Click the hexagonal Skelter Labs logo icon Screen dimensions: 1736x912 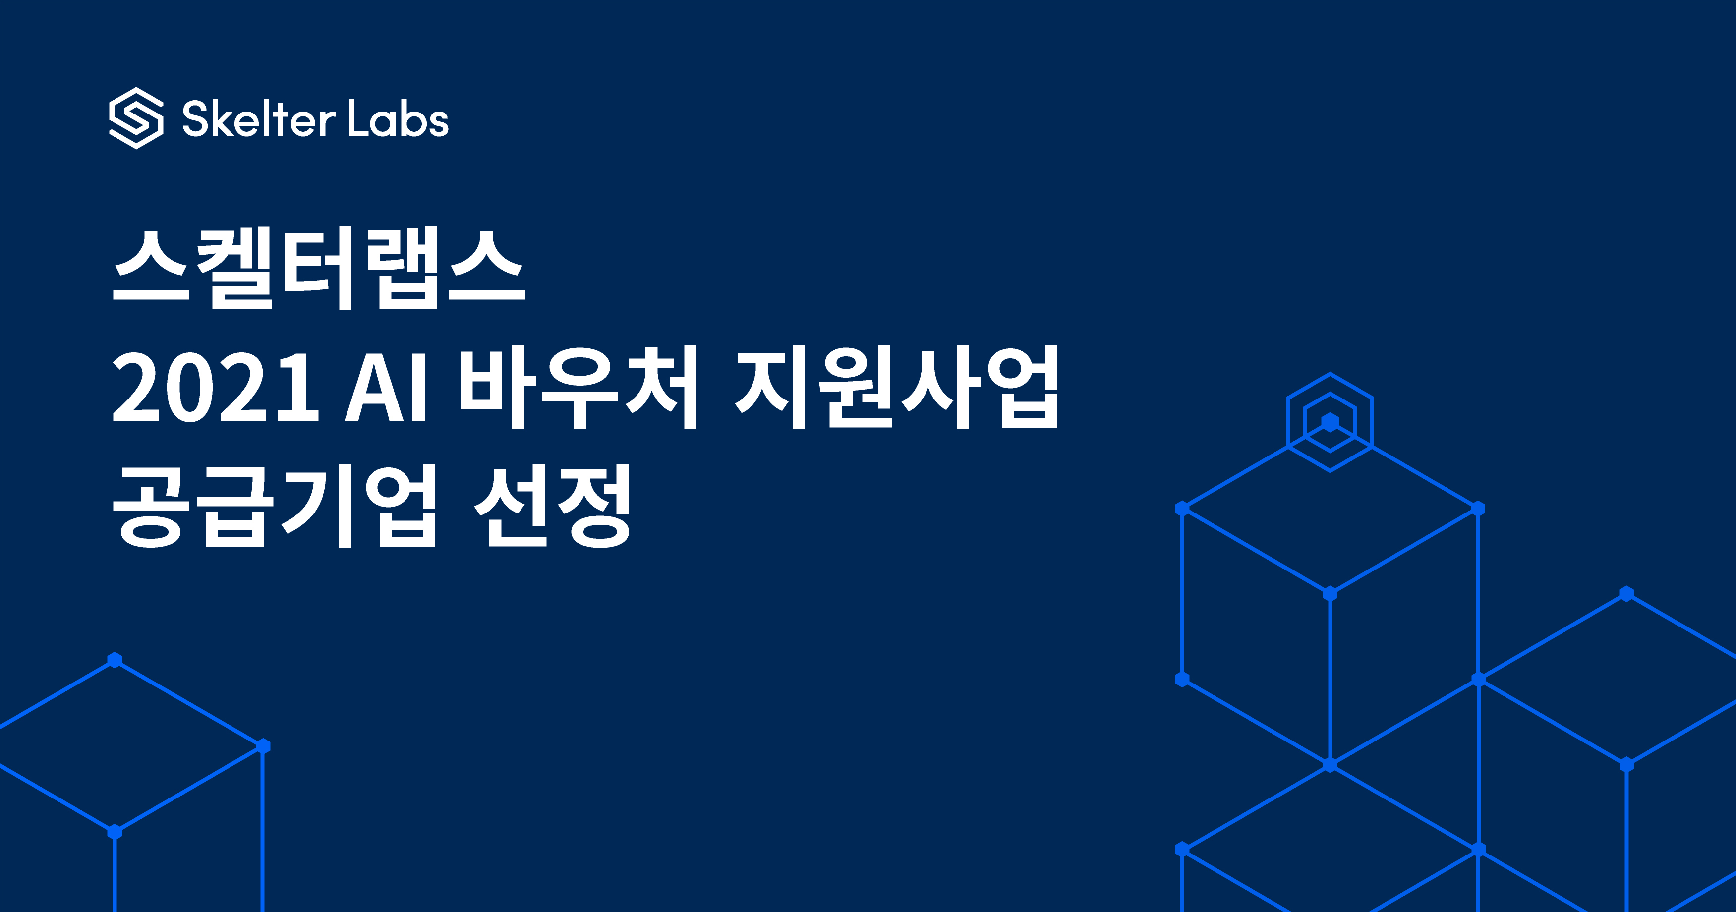point(136,118)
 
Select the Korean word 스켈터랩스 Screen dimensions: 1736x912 point(318,268)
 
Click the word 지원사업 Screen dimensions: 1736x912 point(897,386)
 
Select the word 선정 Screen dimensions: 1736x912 point(553,506)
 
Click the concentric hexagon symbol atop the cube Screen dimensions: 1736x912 point(1330,422)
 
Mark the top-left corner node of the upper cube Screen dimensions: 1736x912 point(1182,508)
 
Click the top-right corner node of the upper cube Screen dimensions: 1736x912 point(1478,508)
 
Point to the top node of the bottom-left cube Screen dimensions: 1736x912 point(115,660)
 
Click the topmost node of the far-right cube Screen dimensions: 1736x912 point(1626,594)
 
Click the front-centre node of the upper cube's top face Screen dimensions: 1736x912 point(1330,594)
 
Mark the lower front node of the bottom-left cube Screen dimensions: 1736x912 point(115,832)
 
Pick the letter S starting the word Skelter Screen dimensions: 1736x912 point(195,119)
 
